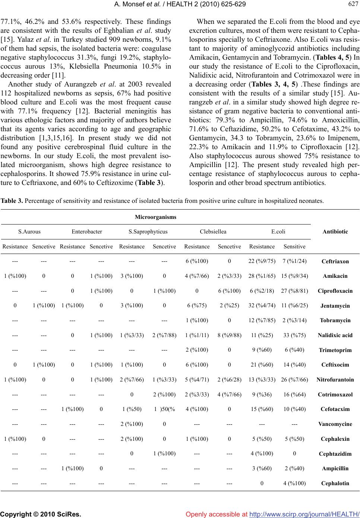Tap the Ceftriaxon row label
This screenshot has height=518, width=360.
[x=335, y=261]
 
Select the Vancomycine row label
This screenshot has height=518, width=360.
[x=335, y=424]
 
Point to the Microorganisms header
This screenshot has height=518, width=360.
[x=155, y=217]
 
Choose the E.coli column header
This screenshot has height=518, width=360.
[x=278, y=232]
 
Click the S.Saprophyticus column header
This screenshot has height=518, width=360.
[x=148, y=232]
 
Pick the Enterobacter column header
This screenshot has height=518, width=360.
[x=87, y=232]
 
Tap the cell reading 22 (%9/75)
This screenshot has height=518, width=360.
[x=262, y=261]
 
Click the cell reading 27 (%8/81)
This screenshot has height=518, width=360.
[x=294, y=291]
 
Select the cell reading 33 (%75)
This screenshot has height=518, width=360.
[x=294, y=335]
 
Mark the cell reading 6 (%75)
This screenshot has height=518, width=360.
[x=197, y=305]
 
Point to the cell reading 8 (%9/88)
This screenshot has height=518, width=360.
[x=229, y=335]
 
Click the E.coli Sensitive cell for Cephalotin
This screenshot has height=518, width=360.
[x=294, y=483]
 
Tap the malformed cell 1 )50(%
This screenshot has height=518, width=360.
[x=164, y=409]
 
